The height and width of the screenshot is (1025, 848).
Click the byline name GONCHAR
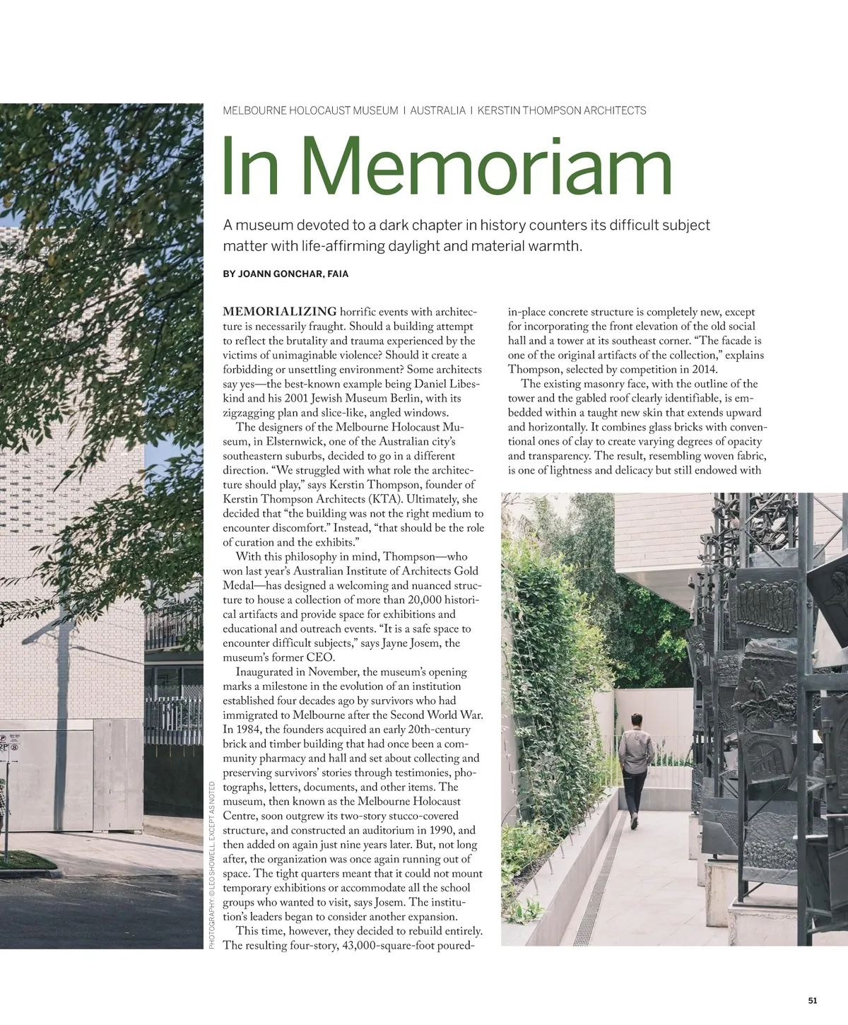(295, 274)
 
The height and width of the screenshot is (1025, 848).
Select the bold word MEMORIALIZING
(280, 312)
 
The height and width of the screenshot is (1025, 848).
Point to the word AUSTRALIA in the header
(438, 110)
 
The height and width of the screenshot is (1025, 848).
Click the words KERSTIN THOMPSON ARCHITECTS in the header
(562, 110)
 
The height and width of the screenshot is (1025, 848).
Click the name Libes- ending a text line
(464, 384)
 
